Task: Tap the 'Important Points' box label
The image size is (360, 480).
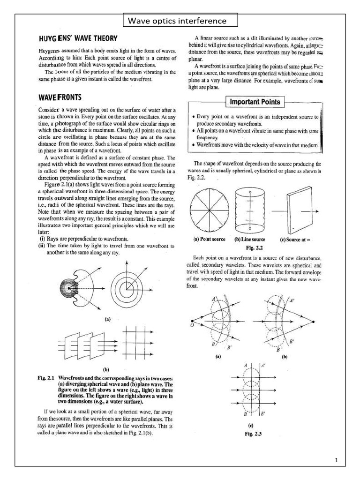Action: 255,102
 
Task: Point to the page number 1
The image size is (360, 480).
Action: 337,461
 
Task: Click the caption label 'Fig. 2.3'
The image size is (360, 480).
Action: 253,434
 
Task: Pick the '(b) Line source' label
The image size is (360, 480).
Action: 249,240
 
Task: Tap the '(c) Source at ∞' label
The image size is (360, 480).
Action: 296,240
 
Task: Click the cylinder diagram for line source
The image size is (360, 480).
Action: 251,210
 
